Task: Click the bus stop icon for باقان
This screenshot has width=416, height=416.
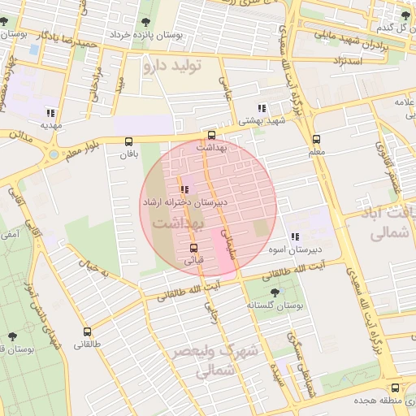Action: point(128,141)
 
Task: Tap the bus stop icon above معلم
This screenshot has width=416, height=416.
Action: point(316,139)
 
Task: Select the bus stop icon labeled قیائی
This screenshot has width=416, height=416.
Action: point(193,249)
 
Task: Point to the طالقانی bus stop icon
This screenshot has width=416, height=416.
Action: point(87,331)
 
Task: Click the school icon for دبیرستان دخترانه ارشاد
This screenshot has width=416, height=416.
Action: point(184,188)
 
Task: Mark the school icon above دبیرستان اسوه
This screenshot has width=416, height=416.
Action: point(293,236)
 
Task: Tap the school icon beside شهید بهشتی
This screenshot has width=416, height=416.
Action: point(261,108)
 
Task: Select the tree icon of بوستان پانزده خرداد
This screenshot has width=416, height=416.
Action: point(146,22)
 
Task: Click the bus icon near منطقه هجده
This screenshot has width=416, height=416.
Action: point(395,388)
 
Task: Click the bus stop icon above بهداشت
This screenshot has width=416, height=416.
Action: point(212,136)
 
